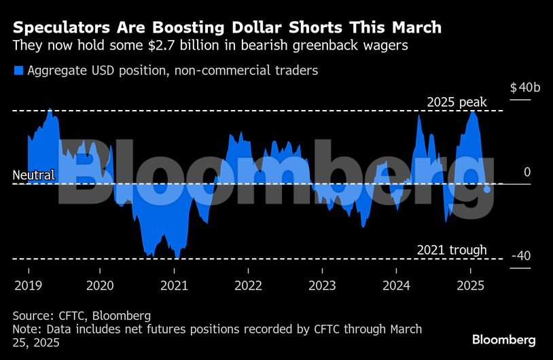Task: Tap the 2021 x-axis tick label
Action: point(174,285)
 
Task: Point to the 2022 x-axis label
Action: point(248,285)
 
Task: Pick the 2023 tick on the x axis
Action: point(322,285)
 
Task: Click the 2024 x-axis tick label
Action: point(397,285)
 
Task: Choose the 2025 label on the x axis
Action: point(471,285)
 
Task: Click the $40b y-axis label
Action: point(525,88)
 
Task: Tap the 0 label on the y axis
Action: point(527,173)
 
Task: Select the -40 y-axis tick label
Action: point(521,256)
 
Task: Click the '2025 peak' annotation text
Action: point(457,102)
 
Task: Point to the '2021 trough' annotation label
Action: point(451,250)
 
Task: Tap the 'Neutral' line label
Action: point(33,176)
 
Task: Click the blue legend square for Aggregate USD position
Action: point(18,70)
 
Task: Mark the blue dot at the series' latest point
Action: point(487,190)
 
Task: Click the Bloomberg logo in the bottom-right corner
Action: point(504,340)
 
